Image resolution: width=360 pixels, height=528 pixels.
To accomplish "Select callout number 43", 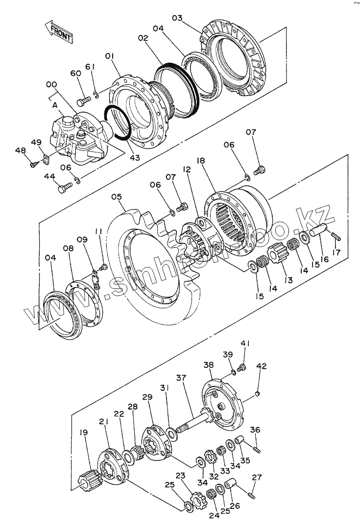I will tap(134, 158).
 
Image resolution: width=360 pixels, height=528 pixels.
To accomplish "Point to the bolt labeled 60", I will tap(84, 101).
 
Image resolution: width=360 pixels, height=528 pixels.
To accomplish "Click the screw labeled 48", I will tap(34, 165).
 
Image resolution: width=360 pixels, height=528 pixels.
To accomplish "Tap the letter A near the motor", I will tap(55, 104).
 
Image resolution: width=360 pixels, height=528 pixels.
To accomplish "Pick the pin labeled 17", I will tap(336, 235).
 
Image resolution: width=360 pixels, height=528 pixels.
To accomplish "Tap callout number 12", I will tap(186, 169).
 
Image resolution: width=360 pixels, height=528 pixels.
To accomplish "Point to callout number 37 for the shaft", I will tap(182, 378).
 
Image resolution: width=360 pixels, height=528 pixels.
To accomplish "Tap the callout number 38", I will tap(209, 365).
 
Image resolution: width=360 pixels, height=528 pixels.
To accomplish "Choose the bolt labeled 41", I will tap(240, 368).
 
